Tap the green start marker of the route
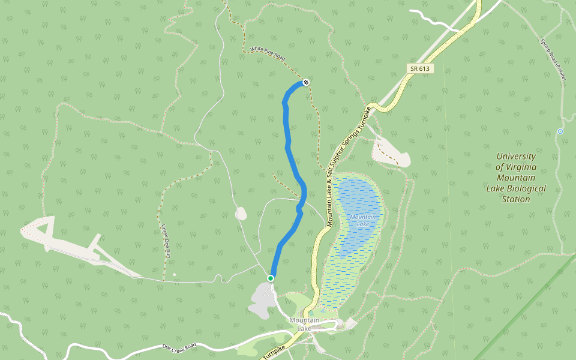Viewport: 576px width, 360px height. click(x=271, y=278)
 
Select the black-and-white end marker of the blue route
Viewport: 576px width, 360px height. click(x=306, y=82)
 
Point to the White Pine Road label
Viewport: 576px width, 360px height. click(x=268, y=54)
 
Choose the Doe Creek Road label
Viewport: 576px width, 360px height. click(x=179, y=346)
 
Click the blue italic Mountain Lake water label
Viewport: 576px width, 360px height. click(x=363, y=220)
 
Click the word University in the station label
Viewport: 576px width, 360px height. click(x=516, y=157)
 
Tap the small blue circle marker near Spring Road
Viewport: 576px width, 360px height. click(x=560, y=131)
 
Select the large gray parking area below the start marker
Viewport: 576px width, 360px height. click(x=260, y=300)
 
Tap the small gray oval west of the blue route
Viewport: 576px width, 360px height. click(x=241, y=213)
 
